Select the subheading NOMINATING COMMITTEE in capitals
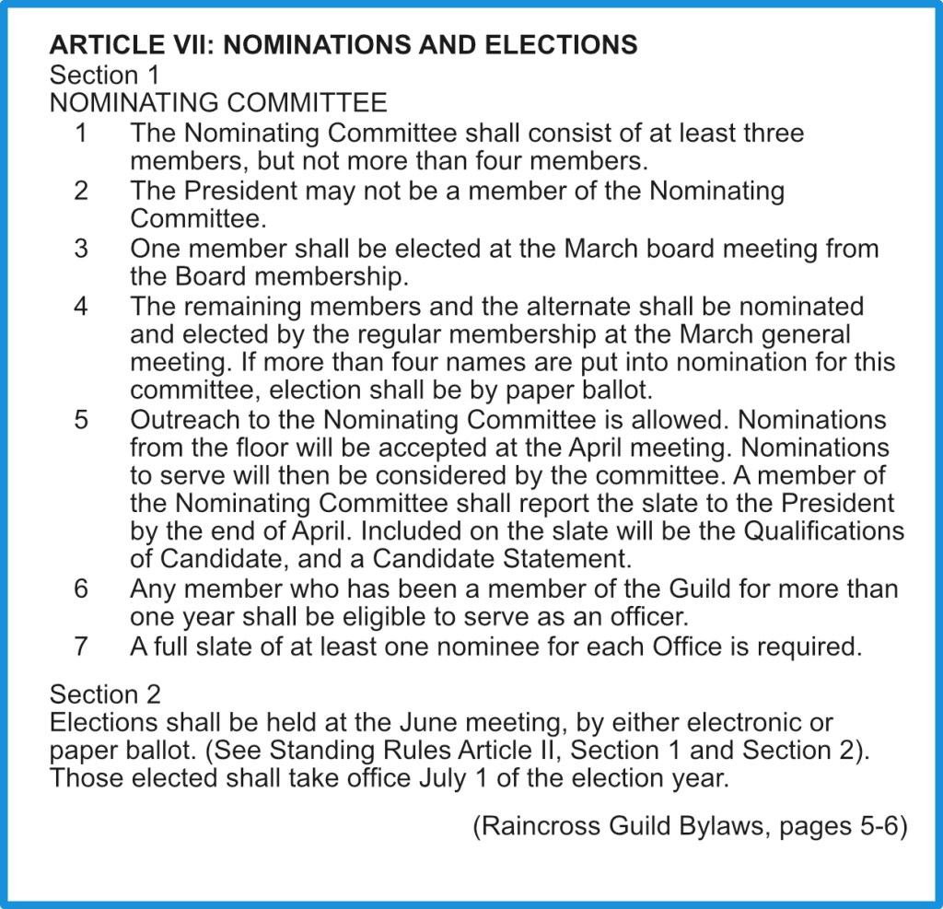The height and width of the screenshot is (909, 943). click(x=218, y=102)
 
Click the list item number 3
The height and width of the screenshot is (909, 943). click(x=81, y=249)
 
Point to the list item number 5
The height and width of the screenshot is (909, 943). click(x=81, y=420)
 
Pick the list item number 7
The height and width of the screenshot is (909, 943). click(x=81, y=647)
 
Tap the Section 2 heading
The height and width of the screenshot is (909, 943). click(x=105, y=693)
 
